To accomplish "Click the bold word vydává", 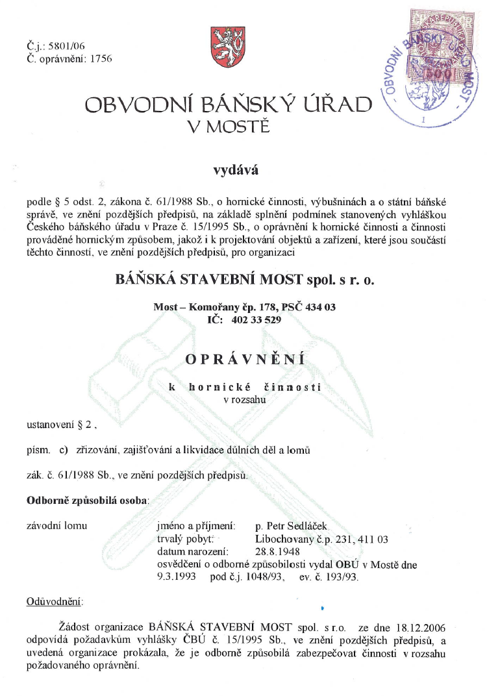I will [236, 171].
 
